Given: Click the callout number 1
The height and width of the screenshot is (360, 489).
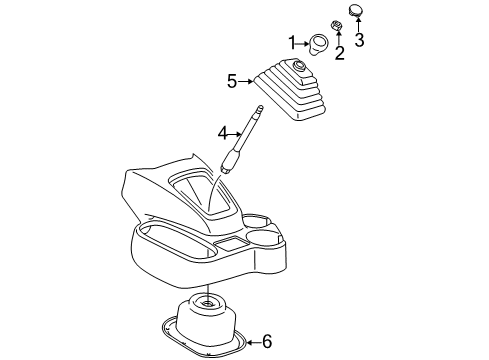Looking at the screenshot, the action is [x=292, y=42].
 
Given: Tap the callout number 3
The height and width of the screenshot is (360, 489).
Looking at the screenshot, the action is [x=360, y=41].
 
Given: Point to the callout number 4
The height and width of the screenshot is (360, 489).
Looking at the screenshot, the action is [x=225, y=132].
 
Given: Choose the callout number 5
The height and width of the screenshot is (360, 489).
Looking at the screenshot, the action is [x=232, y=80].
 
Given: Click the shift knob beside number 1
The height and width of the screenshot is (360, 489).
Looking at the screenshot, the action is [x=319, y=43].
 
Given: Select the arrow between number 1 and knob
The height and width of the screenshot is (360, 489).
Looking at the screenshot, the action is [x=304, y=43].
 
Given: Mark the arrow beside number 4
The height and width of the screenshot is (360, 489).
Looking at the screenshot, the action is [x=236, y=132].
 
